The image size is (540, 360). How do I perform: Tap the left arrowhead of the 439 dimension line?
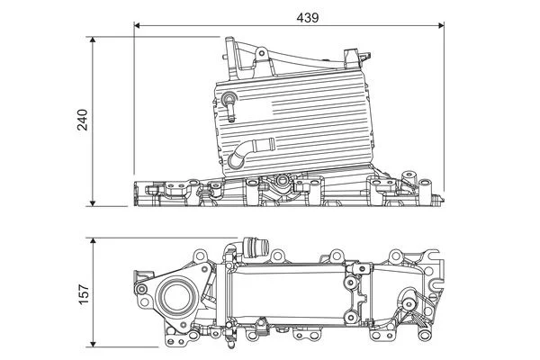click(138, 26)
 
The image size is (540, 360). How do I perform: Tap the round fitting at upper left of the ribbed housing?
click(230, 97)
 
